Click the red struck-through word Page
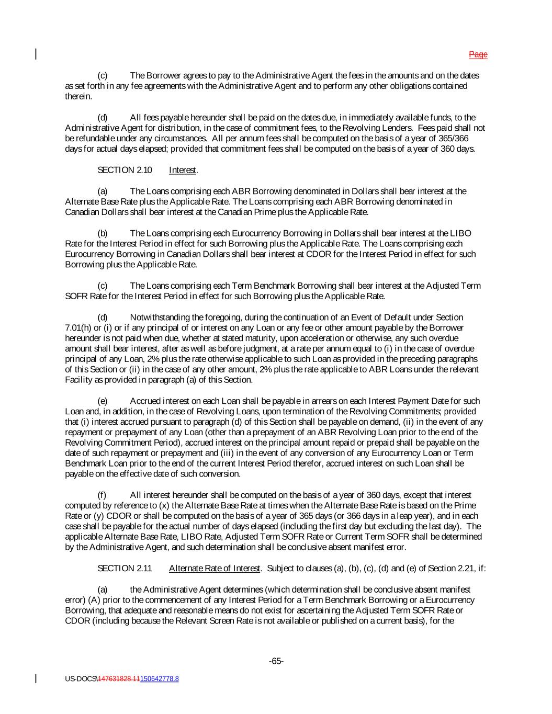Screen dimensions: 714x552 click(478, 54)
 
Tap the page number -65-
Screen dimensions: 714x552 click(276, 661)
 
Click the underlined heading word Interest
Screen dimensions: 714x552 click(183, 170)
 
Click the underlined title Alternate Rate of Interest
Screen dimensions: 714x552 click(215, 568)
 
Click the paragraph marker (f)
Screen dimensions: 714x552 click(103, 495)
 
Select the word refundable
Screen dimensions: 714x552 click(94, 139)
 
